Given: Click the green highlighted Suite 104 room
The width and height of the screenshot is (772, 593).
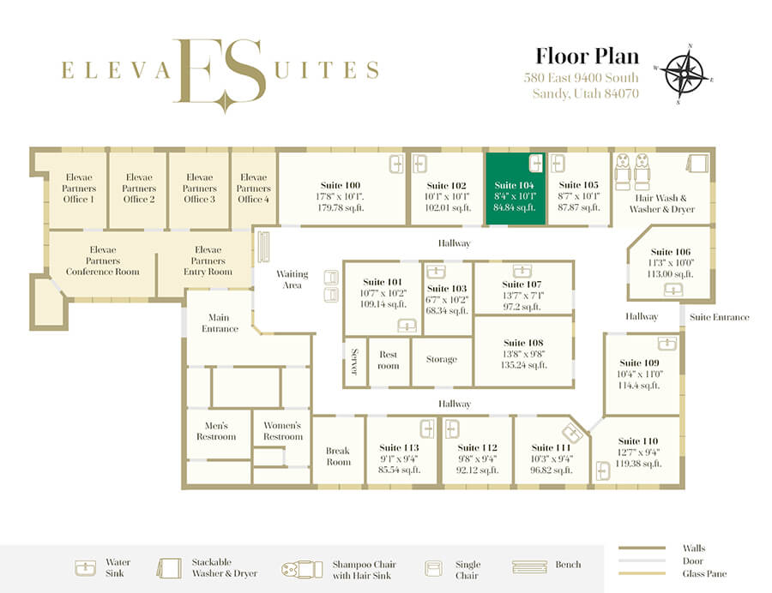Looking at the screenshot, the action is click(516, 189).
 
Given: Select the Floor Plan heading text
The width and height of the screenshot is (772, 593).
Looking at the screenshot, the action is click(587, 56).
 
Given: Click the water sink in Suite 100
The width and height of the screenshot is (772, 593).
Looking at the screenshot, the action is click(396, 164).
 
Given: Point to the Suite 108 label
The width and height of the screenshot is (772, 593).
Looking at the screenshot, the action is click(523, 343).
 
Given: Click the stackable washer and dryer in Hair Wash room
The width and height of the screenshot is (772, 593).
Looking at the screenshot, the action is click(697, 163).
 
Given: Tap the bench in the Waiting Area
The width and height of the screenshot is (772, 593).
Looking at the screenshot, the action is click(264, 246).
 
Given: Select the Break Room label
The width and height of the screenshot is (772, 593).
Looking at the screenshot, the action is click(338, 456).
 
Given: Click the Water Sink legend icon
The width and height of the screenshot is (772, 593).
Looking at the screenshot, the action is click(85, 568).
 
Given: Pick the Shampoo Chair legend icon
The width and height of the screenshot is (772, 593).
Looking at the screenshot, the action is click(302, 569).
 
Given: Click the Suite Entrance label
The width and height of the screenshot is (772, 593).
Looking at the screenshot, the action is click(720, 317).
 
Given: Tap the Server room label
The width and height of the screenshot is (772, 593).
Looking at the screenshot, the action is click(354, 362).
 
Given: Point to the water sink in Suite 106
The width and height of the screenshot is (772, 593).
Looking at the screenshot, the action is click(673, 291).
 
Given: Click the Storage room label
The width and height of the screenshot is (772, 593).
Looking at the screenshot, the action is click(442, 359).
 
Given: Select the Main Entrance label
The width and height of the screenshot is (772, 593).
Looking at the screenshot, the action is click(220, 323).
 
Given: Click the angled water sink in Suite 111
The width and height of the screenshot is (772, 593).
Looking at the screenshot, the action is click(573, 434).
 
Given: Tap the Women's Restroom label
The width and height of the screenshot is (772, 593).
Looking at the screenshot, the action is click(282, 431).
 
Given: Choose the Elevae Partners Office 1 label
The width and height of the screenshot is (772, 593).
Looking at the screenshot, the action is click(79, 188).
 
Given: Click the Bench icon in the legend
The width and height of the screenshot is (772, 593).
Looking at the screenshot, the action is click(529, 567).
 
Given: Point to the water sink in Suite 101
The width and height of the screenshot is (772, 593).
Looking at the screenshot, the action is click(407, 325).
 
